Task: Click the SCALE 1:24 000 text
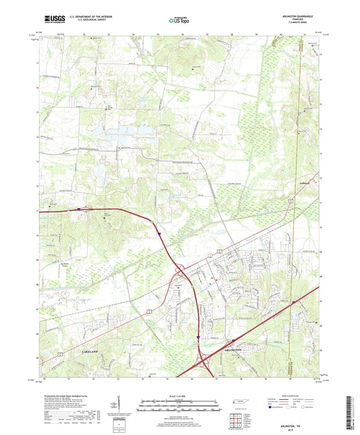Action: pos(179,396)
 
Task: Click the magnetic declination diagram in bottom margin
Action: pos(122,407)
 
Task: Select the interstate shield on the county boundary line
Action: pos(293,302)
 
